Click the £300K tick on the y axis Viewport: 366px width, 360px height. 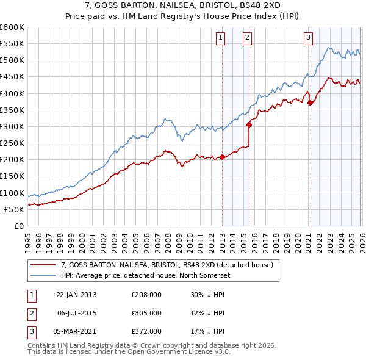click(12, 126)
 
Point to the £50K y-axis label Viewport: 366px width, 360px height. click(14, 209)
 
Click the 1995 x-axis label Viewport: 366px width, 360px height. click(27, 237)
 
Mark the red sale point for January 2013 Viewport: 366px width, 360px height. click(222, 157)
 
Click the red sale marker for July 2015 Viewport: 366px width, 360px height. click(249, 124)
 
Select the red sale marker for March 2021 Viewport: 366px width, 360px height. click(310, 103)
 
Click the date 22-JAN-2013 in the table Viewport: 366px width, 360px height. click(76, 294)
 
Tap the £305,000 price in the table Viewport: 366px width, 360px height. click(146, 313)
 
